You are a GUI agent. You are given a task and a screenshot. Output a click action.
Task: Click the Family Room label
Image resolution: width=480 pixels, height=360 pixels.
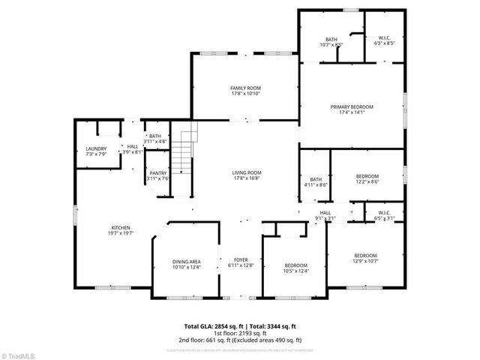tap(245, 88)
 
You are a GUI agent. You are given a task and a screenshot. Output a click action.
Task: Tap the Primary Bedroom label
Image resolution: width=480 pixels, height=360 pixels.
tap(352, 107)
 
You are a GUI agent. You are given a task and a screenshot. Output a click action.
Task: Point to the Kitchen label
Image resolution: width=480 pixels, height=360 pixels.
tap(121, 228)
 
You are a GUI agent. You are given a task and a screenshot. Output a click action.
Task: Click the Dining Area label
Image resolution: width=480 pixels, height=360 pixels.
tap(187, 262)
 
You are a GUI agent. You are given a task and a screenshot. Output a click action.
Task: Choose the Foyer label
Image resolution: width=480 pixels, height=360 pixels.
tap(241, 259)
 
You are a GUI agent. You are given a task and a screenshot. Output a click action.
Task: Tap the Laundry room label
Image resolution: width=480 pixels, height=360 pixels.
tap(95, 148)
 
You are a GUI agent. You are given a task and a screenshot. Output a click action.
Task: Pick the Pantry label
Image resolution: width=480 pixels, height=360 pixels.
tap(157, 173)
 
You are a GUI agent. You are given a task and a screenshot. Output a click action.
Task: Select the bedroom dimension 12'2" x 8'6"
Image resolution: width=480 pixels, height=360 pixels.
tap(367, 181)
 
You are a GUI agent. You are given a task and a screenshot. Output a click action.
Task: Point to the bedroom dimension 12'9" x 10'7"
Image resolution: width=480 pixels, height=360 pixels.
tap(365, 260)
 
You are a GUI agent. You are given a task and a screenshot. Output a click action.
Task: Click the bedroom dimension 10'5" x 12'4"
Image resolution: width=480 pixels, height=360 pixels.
tap(295, 271)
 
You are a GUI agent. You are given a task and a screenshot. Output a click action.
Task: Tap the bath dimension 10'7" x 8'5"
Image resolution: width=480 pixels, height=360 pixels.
tap(331, 45)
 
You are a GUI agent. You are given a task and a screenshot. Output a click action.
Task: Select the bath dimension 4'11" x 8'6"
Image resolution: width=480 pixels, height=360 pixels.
tap(316, 184)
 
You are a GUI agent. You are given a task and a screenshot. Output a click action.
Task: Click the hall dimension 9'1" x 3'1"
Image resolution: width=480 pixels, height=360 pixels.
tap(325, 218)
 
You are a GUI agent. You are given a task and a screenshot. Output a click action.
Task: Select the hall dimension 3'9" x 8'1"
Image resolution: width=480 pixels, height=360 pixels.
tap(132, 151)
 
